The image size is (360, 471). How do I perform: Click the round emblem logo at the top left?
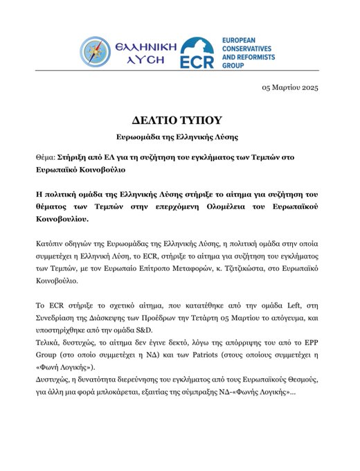tap(98, 53)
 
